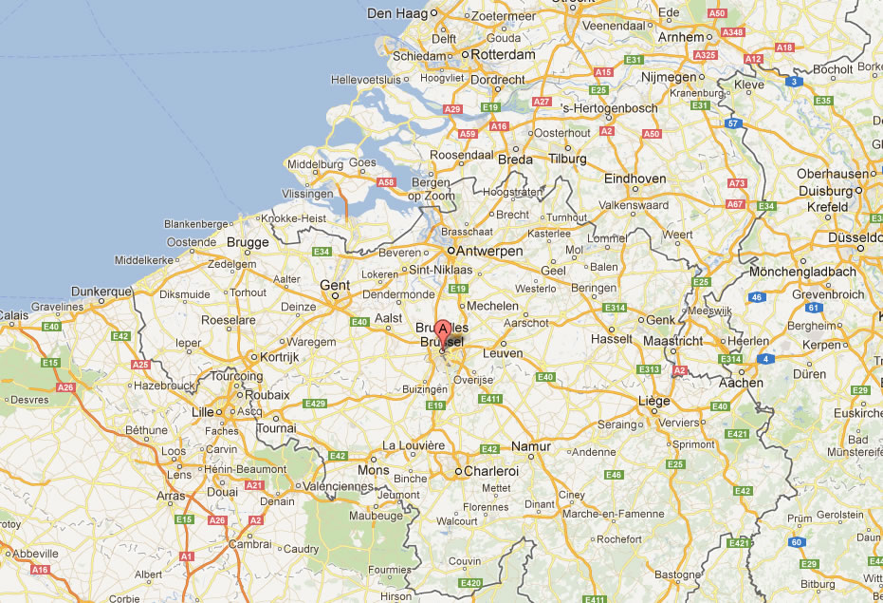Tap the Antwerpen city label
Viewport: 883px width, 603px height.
tap(489, 251)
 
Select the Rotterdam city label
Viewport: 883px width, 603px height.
tap(503, 55)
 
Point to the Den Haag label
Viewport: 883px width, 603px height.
tap(397, 13)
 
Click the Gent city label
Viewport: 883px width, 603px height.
tap(335, 285)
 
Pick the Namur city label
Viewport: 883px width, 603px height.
tap(530, 446)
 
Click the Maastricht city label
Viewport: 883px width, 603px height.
tap(673, 340)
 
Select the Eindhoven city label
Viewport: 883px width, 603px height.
tap(635, 179)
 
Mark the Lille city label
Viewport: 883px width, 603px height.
tap(203, 412)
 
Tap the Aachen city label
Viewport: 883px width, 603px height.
tap(741, 383)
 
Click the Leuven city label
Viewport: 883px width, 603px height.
tap(503, 353)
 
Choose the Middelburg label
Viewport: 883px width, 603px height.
tap(314, 163)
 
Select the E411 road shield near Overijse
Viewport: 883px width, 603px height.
tap(489, 399)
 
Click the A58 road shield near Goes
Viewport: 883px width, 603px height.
tap(386, 181)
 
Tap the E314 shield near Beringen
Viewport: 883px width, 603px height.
tap(616, 308)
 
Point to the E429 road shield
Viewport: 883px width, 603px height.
tap(315, 404)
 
